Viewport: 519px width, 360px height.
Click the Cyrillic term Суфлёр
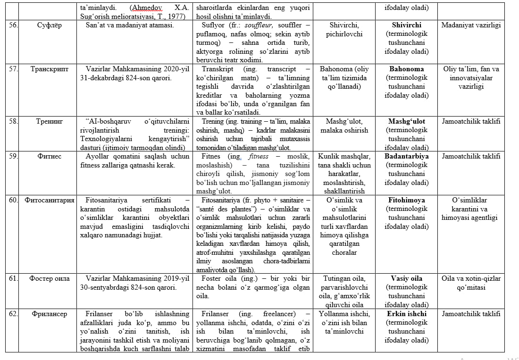pyautogui.click(x=46, y=25)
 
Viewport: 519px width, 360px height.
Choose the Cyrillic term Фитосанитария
pyautogui.click(x=50, y=201)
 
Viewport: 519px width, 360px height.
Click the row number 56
pyautogui.click(x=14, y=25)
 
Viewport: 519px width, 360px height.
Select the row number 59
pyautogui.click(x=14, y=157)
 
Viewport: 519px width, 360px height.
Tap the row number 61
pyautogui.click(x=14, y=279)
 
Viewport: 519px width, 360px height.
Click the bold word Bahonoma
pyautogui.click(x=406, y=69)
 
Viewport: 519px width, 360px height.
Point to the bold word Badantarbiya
pyautogui.click(x=406, y=157)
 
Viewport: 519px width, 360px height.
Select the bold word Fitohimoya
pyautogui.click(x=406, y=201)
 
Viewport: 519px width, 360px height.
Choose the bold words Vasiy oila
pyautogui.click(x=406, y=279)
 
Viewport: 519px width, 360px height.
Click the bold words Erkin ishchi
pyautogui.click(x=406, y=314)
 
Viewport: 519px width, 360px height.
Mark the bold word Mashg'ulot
pyautogui.click(x=406, y=122)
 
